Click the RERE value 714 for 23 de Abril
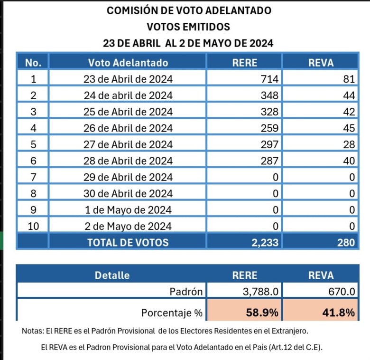pyautogui.click(x=269, y=79)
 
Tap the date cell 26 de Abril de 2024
pyautogui.click(x=128, y=128)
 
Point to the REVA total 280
pyautogui.click(x=346, y=242)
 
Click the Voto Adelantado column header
pyautogui.click(x=128, y=62)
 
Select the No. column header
pyautogui.click(x=33, y=62)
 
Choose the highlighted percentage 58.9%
pyautogui.click(x=262, y=313)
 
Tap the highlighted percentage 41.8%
pyautogui.click(x=340, y=313)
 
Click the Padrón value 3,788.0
pyautogui.click(x=260, y=292)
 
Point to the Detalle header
pyautogui.click(x=112, y=275)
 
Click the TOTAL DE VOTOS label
pyautogui.click(x=128, y=242)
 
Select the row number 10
pyautogui.click(x=33, y=226)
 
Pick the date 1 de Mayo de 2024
pyautogui.click(x=128, y=210)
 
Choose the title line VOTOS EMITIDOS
pyautogui.click(x=188, y=26)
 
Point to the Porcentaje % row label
pyautogui.click(x=172, y=313)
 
